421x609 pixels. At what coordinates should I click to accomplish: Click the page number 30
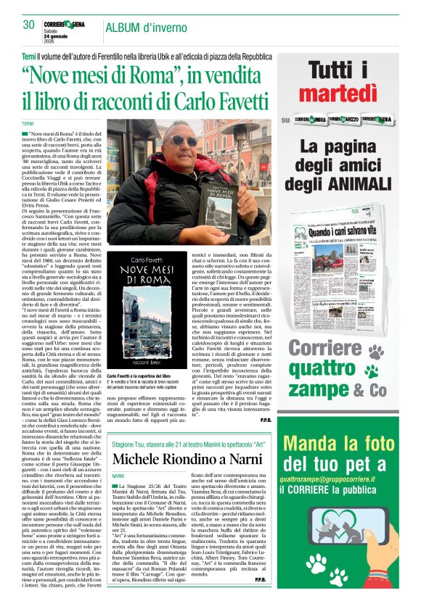pos(29,24)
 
